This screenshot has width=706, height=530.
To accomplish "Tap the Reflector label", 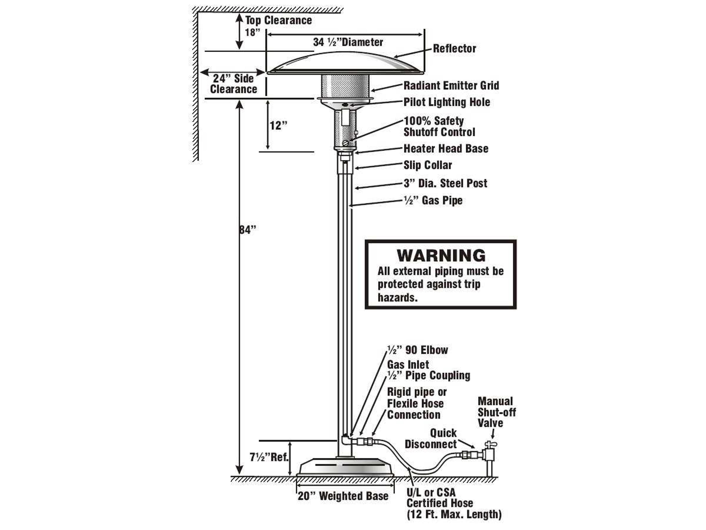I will pyautogui.click(x=454, y=49).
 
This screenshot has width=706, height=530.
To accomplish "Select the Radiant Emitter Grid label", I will pyautogui.click(x=451, y=86).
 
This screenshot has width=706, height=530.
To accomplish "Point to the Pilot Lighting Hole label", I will pyautogui.click(x=447, y=102).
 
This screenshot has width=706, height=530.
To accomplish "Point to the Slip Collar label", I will pyautogui.click(x=428, y=165).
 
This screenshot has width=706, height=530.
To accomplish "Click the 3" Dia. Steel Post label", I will pyautogui.click(x=445, y=183).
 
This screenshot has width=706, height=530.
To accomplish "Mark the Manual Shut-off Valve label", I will pyautogui.click(x=496, y=412).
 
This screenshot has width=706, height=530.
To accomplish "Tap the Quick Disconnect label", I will pyautogui.click(x=431, y=439).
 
